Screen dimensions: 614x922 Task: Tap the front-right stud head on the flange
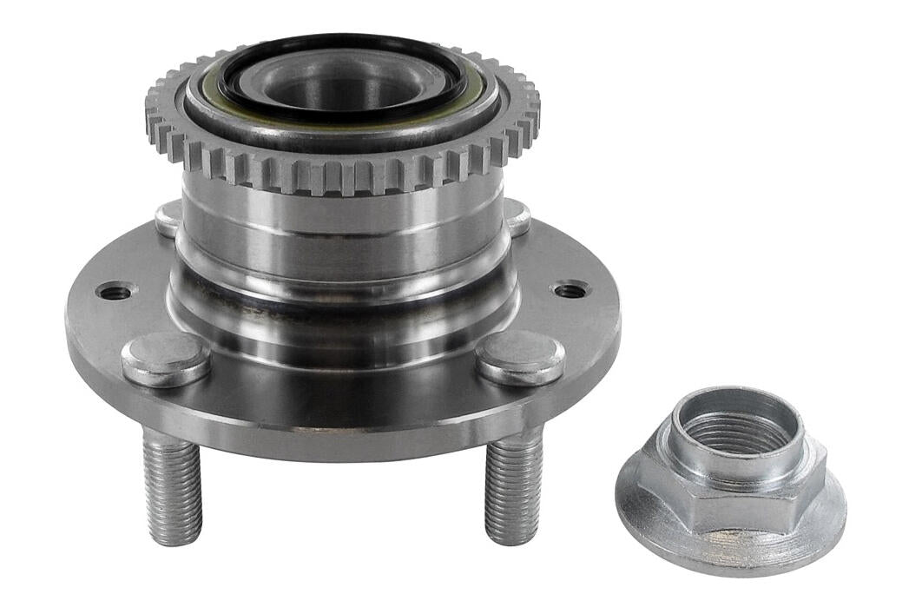pos(520,356)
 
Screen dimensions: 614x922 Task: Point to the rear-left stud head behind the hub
pos(168,217)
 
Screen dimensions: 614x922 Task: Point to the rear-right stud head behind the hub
pos(517,216)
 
